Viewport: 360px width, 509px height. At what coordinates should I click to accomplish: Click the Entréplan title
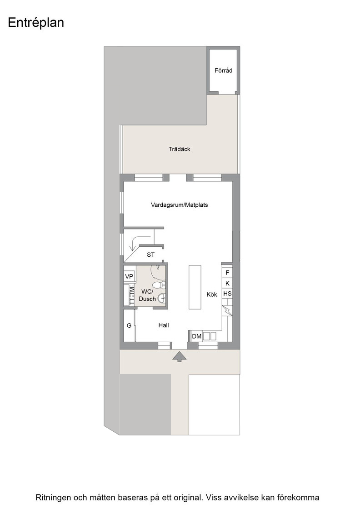[36, 23]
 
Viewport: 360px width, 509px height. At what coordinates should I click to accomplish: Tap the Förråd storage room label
[223, 70]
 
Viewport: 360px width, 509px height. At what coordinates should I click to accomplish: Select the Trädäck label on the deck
[179, 149]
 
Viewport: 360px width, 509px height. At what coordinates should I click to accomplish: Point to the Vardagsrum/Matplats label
[179, 205]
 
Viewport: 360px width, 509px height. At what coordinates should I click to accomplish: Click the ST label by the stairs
[150, 255]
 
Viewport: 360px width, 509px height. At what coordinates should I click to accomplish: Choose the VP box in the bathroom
[129, 277]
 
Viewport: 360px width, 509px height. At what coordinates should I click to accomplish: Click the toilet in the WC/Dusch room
[158, 286]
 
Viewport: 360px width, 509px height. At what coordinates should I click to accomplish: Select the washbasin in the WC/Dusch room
[161, 298]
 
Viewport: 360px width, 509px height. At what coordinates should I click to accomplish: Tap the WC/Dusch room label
[147, 295]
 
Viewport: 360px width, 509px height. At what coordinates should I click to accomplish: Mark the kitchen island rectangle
[195, 287]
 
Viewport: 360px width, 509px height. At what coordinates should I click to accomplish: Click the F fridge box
[227, 273]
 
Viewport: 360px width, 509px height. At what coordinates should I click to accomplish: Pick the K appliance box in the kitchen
[227, 284]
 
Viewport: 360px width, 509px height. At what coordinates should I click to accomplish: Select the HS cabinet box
[227, 294]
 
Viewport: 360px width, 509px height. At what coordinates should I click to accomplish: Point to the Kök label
[212, 294]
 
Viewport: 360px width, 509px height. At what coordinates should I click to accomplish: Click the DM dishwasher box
[197, 336]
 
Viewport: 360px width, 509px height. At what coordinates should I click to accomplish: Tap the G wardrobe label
[129, 325]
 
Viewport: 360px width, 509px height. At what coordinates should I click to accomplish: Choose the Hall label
[164, 325]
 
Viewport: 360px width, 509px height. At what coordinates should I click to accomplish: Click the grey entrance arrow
[179, 356]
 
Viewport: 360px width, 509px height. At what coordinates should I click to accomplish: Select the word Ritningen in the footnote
[53, 498]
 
